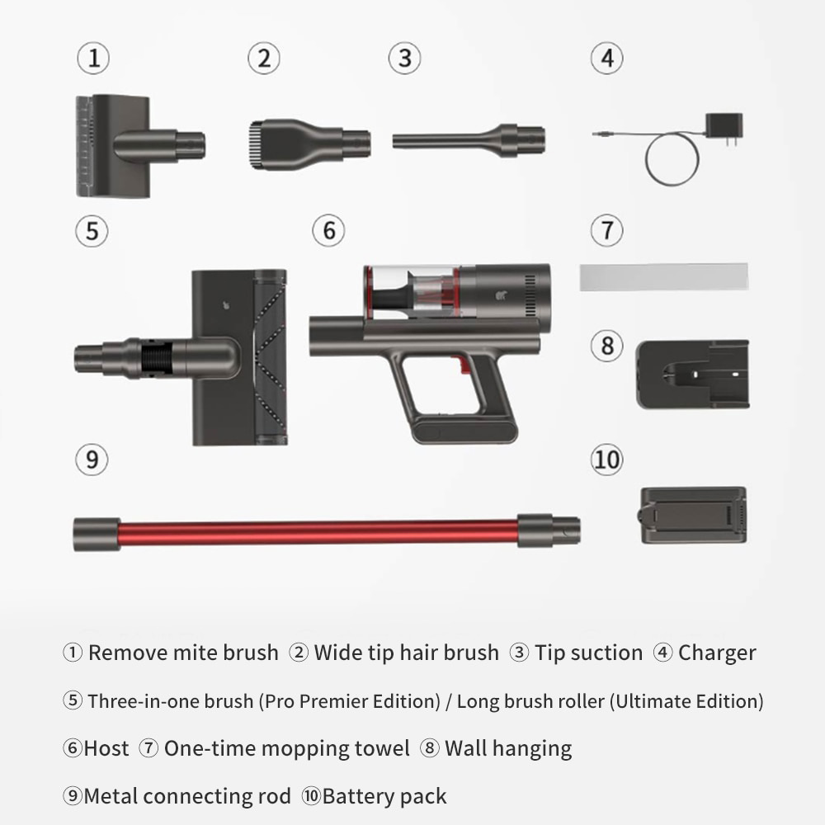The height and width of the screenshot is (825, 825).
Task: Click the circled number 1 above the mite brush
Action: tap(93, 59)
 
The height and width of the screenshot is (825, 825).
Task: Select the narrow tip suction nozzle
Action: tap(467, 138)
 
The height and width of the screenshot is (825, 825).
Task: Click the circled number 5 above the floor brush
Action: tap(92, 230)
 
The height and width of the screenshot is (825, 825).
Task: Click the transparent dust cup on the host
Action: tap(410, 292)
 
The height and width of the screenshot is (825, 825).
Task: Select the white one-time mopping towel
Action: tap(663, 277)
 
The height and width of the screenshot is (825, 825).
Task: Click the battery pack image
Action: tap(693, 515)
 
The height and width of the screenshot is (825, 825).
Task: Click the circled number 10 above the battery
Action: tap(607, 460)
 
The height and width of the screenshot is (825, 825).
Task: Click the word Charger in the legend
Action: tap(717, 653)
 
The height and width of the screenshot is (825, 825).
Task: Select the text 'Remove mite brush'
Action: tap(183, 653)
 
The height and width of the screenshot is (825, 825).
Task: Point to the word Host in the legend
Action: tap(106, 748)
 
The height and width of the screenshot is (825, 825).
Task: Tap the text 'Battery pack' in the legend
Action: tap(384, 796)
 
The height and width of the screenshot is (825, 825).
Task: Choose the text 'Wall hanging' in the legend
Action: tap(508, 748)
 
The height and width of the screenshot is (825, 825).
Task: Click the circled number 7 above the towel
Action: tap(607, 230)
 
